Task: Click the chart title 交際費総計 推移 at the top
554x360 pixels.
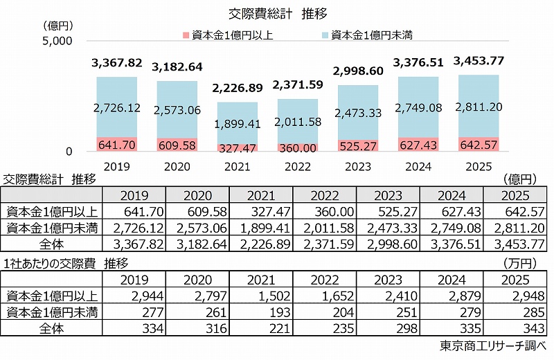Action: pos(277,13)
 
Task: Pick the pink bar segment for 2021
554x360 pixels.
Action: pos(238,147)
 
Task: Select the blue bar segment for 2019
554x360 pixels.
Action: pos(116,107)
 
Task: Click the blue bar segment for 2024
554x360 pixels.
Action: pos(418,107)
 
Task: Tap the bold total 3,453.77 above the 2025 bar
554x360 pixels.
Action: pos(479,61)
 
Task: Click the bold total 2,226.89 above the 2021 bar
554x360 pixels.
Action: pos(238,88)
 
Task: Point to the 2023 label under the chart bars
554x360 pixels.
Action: pos(358,167)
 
